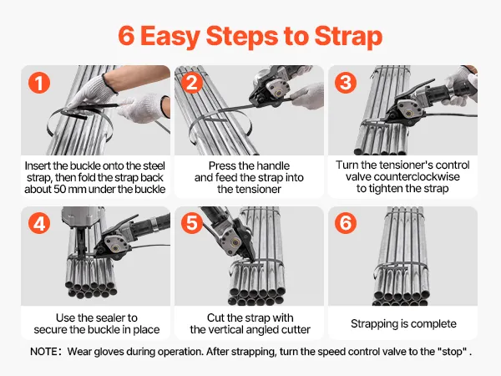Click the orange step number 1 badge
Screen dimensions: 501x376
39,83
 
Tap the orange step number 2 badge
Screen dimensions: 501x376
192,83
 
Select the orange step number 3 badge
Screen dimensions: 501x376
346,83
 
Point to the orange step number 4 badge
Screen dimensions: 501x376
39,223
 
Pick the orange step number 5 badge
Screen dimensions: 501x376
192,223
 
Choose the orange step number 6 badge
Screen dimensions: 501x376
346,223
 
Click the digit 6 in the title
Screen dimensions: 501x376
126,35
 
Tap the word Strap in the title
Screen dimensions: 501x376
348,37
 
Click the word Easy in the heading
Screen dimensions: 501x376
170,37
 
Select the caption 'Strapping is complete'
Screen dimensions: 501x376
403,324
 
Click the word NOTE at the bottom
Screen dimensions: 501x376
43,352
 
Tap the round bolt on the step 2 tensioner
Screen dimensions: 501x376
277,93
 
